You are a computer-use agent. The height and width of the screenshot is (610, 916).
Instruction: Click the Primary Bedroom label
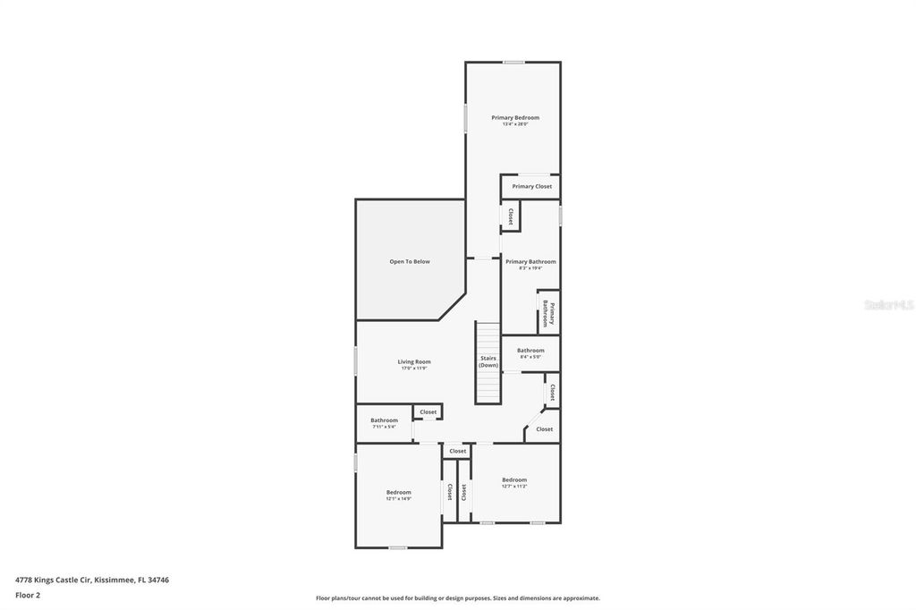[x=514, y=117]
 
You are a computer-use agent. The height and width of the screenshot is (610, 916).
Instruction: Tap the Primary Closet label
[x=531, y=186]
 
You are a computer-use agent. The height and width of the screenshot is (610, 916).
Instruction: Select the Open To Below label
[x=409, y=261]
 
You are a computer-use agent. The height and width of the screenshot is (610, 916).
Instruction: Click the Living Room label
[x=413, y=361]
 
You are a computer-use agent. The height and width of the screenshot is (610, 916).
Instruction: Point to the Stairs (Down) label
[x=488, y=361]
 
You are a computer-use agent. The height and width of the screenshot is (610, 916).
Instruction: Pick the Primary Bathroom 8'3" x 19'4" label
[x=530, y=261]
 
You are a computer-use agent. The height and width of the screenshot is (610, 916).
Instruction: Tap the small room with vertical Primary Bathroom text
[x=548, y=313]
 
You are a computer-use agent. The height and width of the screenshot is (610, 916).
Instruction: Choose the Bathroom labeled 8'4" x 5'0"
[x=530, y=351]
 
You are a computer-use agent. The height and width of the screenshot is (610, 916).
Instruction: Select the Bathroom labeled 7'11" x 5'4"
[x=384, y=420]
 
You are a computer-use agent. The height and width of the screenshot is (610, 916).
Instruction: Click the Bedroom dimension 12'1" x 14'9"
[x=398, y=499]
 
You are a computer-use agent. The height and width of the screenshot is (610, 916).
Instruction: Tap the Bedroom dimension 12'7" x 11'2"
[x=514, y=487]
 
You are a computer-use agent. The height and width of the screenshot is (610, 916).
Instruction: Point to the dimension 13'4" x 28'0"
[x=514, y=124]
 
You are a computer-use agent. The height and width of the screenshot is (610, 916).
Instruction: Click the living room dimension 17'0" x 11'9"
[x=413, y=368]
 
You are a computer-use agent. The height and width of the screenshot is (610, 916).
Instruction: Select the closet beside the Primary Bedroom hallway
[x=510, y=216]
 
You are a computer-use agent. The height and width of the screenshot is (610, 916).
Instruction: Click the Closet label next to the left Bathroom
[x=428, y=412]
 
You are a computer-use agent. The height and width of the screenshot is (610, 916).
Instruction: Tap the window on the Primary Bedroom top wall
[x=513, y=62]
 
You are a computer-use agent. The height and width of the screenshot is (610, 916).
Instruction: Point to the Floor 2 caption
[x=27, y=595]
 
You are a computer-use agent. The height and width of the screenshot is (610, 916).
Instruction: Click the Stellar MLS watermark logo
[x=888, y=305]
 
